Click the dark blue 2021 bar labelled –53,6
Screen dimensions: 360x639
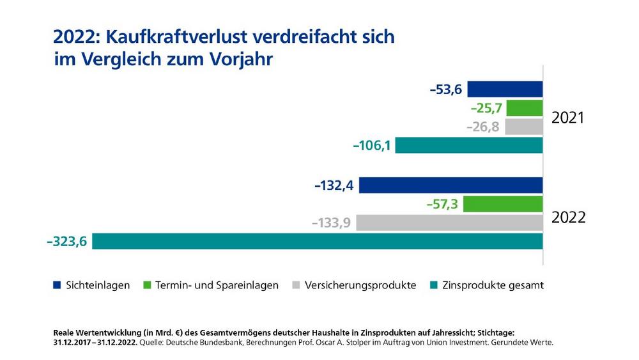[x=505, y=89]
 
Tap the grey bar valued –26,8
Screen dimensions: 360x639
[x=523, y=127]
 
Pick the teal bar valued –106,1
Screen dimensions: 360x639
[x=469, y=145]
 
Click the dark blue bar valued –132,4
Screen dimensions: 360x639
[x=451, y=185]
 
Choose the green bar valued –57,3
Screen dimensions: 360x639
[x=503, y=204]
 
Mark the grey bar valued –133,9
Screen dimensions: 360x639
[x=449, y=223]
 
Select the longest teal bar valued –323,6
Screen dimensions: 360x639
[x=318, y=241]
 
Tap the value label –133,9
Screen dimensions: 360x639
[x=332, y=223]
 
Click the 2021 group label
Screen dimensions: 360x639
[x=568, y=118]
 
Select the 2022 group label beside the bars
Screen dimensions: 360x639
[x=568, y=217]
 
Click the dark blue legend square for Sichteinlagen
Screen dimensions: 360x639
[x=57, y=285]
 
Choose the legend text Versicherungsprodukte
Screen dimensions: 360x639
[x=360, y=285]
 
